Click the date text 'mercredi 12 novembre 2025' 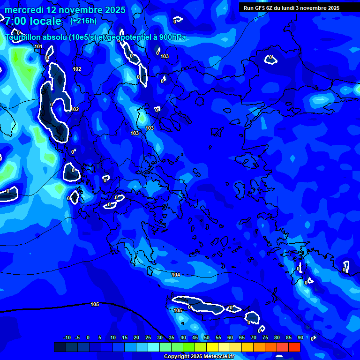[x=65, y=10]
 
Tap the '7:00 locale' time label [x=33, y=21]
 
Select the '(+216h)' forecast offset [x=83, y=21]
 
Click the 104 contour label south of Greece [x=176, y=275]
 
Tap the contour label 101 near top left [x=38, y=46]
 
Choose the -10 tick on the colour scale [x=67, y=338]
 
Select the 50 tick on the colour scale [x=206, y=338]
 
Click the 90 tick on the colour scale [x=300, y=338]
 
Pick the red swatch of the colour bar [x=294, y=347]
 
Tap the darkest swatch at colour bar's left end [x=60, y=347]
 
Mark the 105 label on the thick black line [x=95, y=304]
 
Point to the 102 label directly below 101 [x=77, y=69]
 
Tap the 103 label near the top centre [x=165, y=56]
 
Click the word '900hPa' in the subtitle [x=172, y=37]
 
